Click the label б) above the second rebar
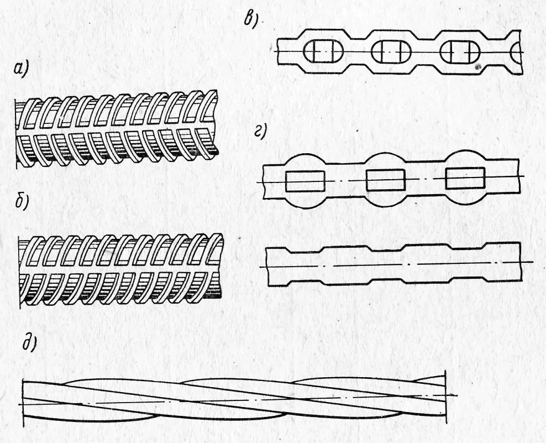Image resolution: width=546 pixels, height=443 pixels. tap(23, 203)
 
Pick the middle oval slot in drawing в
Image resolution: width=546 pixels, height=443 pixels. tap(391, 53)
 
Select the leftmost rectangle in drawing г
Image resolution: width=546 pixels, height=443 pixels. tap(305, 181)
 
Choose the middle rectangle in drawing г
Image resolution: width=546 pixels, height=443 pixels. tap(386, 179)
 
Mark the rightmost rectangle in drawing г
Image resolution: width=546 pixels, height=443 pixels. tap(465, 178)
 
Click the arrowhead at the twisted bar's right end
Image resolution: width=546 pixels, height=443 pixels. tap(454, 394)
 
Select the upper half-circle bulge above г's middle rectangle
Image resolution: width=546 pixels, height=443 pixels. tap(386, 159)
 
